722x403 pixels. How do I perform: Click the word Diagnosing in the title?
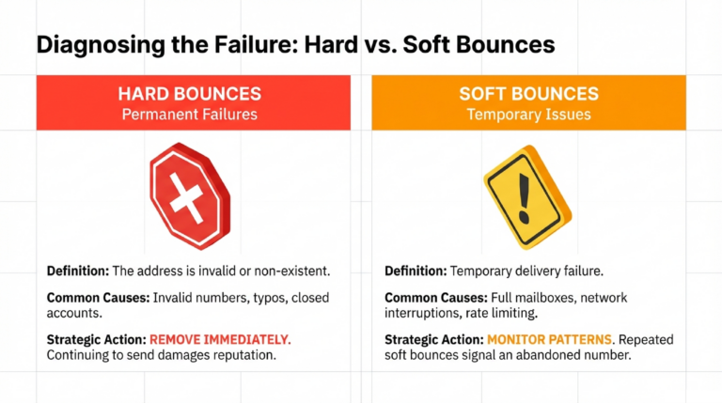[x=101, y=46]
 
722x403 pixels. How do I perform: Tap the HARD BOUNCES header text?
[x=190, y=94]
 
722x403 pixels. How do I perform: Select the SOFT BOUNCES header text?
[x=529, y=94]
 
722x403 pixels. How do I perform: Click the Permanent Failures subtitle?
[x=190, y=114]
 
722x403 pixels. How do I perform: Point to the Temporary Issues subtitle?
[x=529, y=114]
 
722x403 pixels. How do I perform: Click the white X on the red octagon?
[x=186, y=199]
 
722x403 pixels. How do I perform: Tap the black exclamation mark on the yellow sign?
[x=524, y=199]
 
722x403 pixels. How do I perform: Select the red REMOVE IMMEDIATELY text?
[x=220, y=340]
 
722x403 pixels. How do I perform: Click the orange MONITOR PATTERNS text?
[x=550, y=340]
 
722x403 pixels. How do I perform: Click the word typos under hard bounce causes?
[x=271, y=299]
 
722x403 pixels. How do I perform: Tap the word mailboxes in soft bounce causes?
[x=544, y=298]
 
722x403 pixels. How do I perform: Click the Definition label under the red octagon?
[x=78, y=271]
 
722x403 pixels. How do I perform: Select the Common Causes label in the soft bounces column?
[x=436, y=298]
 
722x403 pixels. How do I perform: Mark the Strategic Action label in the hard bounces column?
[x=96, y=340]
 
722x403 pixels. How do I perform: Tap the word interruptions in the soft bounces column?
[x=422, y=314]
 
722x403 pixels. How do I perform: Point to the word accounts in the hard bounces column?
[x=74, y=314]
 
